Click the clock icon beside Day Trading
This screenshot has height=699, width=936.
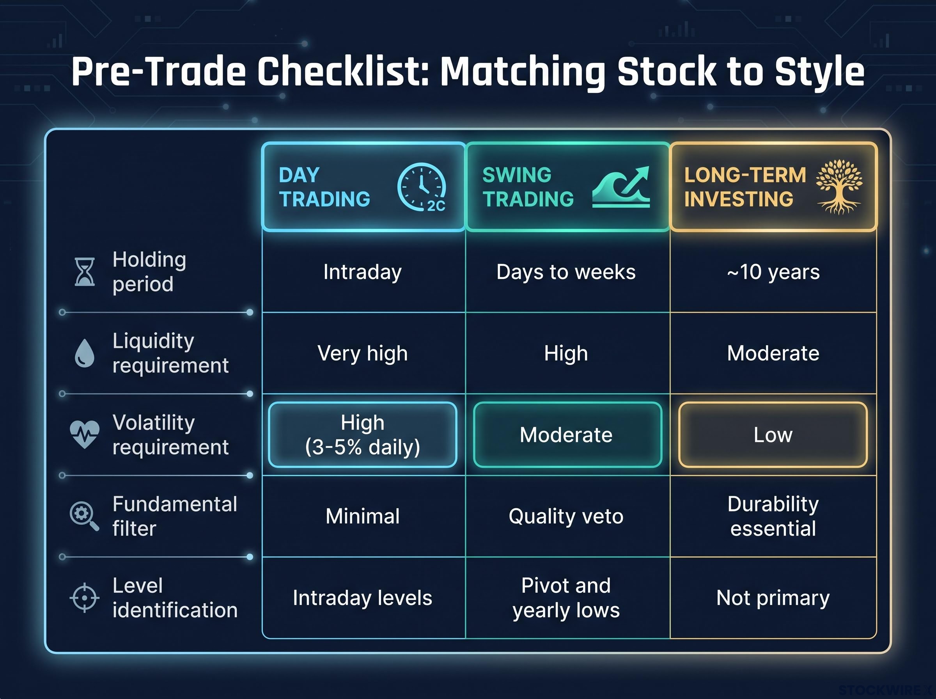point(421,186)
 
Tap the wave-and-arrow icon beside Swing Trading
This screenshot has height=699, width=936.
point(620,186)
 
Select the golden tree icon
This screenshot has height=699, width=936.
point(839,186)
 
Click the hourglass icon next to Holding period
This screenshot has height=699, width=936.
point(85,271)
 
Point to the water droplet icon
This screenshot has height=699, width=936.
point(85,353)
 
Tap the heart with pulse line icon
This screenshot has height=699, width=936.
point(85,434)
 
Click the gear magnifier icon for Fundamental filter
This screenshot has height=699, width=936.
point(84,516)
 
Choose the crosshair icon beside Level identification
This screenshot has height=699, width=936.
point(84,598)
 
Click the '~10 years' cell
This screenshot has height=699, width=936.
point(773,271)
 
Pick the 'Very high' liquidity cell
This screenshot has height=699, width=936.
point(363,353)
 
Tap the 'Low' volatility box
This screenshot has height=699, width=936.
point(773,435)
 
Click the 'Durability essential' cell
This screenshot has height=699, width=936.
point(773,516)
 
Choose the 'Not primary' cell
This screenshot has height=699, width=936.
point(773,598)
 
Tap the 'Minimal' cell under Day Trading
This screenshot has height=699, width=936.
point(363,516)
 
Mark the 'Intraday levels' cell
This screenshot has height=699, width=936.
point(363,598)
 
